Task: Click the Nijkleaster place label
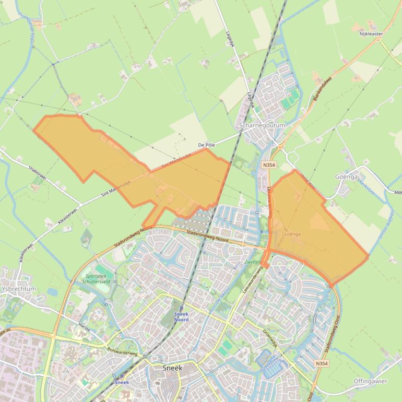point(371,34)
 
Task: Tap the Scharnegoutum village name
point(262,126)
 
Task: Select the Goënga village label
point(347,177)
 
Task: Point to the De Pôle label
point(206,145)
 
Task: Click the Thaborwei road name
point(38,173)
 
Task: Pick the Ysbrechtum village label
point(19,289)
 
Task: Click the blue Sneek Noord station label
point(181,316)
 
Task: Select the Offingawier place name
point(370,381)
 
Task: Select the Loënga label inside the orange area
point(293,234)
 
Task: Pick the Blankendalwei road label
point(323,89)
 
